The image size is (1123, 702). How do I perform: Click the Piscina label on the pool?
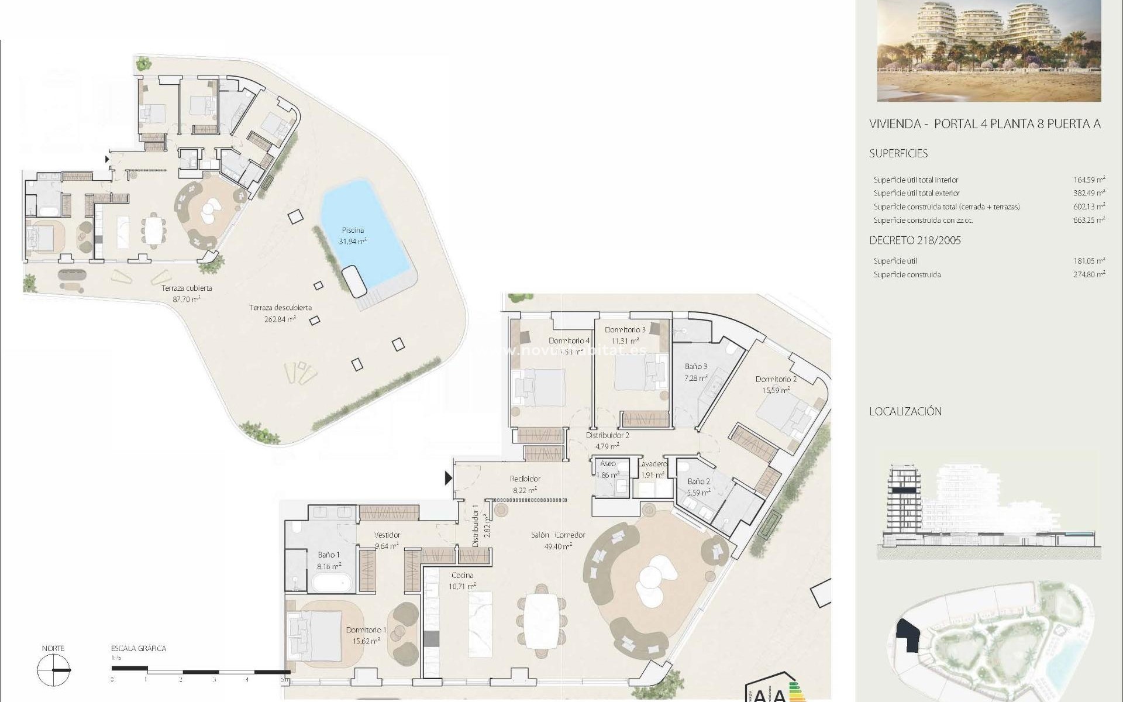pyautogui.click(x=353, y=230)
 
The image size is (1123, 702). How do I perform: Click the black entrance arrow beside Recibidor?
pyautogui.click(x=448, y=479)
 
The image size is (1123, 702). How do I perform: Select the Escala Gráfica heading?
pyautogui.click(x=139, y=648)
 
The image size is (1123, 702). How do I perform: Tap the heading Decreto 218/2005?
pyautogui.click(x=915, y=240)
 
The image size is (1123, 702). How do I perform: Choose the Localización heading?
pyautogui.click(x=905, y=411)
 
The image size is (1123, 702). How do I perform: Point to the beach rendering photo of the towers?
pyautogui.click(x=988, y=51)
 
